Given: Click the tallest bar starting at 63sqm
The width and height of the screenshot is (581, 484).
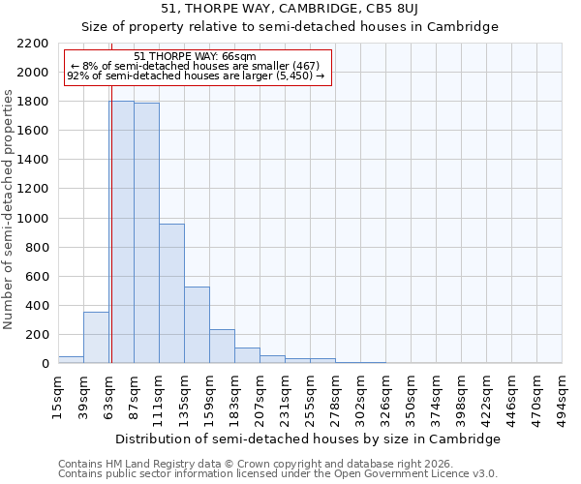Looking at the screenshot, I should tap(121, 232).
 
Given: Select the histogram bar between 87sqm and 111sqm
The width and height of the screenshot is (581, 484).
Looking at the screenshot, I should tap(146, 233).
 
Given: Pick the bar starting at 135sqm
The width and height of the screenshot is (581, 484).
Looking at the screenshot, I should tap(197, 325).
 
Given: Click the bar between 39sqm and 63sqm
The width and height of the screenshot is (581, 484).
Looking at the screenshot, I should tap(96, 338).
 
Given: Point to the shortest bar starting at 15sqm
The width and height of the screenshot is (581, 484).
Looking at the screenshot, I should tap(71, 359).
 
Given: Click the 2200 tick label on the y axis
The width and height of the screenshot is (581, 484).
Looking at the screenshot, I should tap(33, 44).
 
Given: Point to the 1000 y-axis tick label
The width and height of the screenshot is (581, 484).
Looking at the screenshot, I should tap(33, 219).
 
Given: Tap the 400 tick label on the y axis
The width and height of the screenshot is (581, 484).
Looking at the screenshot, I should tap(37, 306).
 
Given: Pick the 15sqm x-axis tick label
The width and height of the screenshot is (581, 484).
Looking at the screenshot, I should tap(58, 395).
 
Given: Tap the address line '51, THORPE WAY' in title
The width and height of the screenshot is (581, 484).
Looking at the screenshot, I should tap(290, 9).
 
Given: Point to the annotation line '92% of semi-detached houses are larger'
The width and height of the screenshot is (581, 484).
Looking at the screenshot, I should tap(196, 76).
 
